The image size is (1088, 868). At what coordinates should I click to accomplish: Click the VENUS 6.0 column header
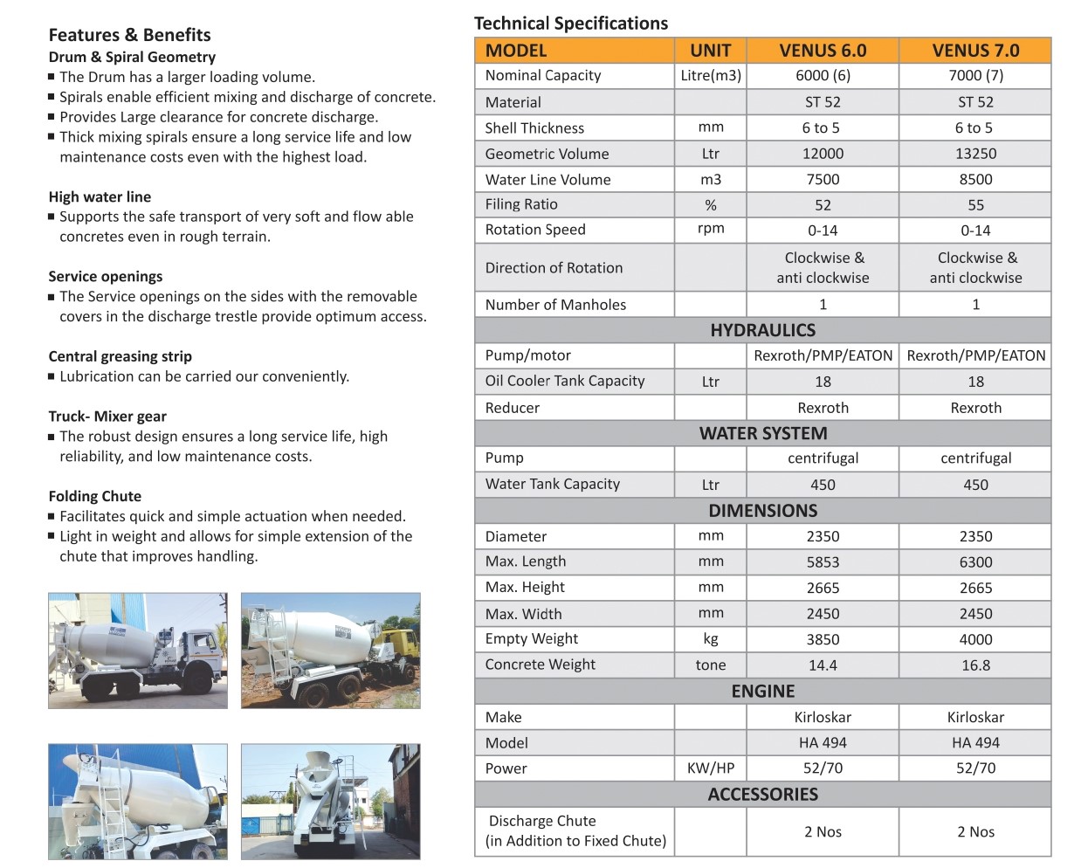click(823, 51)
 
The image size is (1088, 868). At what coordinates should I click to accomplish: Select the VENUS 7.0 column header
click(975, 51)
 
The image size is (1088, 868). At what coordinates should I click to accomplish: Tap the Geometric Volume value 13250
click(975, 154)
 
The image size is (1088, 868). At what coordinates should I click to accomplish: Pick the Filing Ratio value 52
click(823, 205)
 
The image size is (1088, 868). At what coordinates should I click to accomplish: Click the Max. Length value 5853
click(823, 562)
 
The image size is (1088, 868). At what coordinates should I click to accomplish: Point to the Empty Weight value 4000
click(975, 639)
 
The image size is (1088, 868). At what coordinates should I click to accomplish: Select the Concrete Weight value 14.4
click(823, 665)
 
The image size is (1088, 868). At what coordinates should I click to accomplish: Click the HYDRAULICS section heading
click(762, 330)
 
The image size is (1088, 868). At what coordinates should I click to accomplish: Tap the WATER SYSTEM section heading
click(762, 433)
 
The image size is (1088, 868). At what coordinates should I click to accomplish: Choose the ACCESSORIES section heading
click(762, 795)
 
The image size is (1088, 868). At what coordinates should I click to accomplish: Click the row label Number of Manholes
click(555, 305)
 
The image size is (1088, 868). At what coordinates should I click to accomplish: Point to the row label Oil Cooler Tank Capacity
click(564, 381)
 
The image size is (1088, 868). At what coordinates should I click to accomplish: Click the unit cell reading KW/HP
click(711, 768)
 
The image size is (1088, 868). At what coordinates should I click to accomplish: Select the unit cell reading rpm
click(711, 230)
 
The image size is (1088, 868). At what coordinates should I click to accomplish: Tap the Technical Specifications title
click(570, 24)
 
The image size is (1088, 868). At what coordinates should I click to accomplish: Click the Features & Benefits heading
click(129, 35)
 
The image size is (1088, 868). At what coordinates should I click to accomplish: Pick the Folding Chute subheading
click(94, 496)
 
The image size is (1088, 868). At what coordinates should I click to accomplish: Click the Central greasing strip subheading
click(120, 356)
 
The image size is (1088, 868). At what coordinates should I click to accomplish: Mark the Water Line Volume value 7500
click(823, 180)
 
